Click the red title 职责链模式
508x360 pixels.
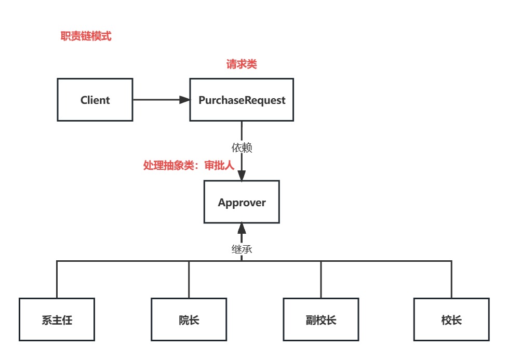pos(86,36)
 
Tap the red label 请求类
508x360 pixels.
pos(242,64)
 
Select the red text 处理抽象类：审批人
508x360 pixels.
pos(189,165)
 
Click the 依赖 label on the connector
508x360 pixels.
pos(242,148)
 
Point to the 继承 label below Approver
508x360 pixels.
pos(242,249)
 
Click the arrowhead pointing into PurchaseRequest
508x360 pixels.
pos(185,100)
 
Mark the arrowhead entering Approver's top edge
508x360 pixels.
pos(242,175)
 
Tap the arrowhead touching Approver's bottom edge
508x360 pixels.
pos(242,229)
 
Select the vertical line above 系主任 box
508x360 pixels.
pos(57,279)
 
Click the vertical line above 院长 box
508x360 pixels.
pos(189,279)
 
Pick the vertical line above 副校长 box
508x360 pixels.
pos(321,279)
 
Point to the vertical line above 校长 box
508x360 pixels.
pos(451,279)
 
